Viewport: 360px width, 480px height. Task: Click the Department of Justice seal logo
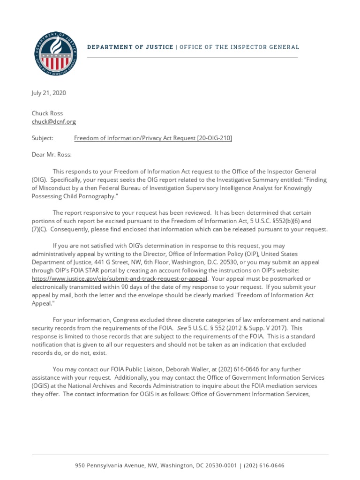point(56,54)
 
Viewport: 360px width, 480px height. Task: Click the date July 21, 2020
point(49,93)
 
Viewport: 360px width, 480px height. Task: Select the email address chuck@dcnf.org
point(53,121)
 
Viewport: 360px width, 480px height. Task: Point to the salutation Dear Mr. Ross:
point(52,155)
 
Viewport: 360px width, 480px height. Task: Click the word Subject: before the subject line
point(43,138)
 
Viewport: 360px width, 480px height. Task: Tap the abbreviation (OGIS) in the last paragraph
point(41,386)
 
